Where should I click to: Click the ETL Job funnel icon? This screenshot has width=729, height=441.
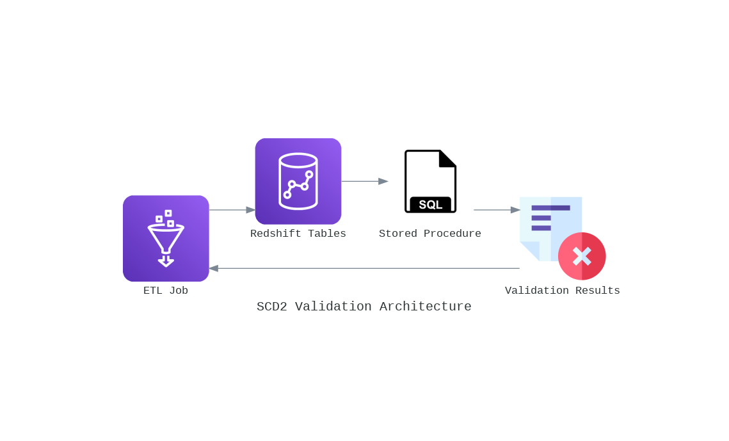166,238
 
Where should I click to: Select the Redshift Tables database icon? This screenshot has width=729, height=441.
298,181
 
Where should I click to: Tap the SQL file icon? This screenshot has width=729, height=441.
430,181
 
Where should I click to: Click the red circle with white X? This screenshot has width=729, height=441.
582,256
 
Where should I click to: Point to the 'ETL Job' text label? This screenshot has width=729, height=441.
166,291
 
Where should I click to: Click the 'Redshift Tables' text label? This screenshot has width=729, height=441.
298,234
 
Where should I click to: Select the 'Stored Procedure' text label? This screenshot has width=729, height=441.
430,234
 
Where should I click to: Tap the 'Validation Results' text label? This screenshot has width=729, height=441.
562,291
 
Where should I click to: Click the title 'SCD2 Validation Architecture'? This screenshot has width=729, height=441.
364,307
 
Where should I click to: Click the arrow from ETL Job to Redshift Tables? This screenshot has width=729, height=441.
232,210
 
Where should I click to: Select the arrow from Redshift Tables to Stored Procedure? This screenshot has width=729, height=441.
364,181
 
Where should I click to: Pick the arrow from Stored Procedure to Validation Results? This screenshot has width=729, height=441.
497,210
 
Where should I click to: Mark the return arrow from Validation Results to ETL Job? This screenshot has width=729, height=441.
364,268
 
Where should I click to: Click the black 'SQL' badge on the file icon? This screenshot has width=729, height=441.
430,205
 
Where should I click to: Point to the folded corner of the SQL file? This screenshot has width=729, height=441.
447,158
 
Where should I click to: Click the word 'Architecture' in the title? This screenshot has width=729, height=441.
425,307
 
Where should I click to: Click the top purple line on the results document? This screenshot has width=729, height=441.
550,207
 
